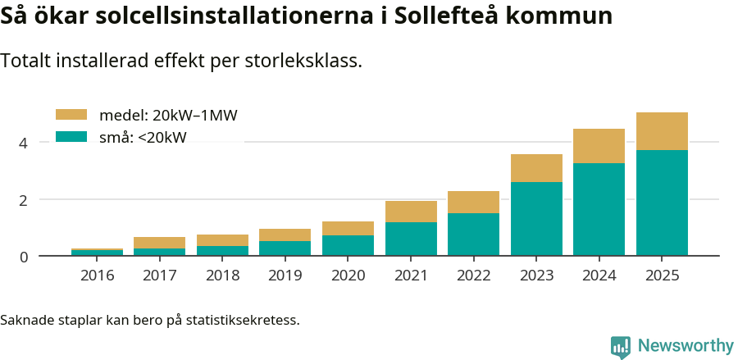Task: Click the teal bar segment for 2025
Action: (x=662, y=203)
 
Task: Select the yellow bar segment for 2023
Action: (x=536, y=168)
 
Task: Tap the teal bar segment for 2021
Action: (x=411, y=239)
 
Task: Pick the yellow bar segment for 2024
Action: (x=599, y=146)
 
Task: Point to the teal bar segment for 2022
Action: (x=473, y=235)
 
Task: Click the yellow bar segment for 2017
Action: (x=159, y=243)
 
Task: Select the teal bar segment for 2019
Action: (x=285, y=248)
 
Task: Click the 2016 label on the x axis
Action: (x=97, y=276)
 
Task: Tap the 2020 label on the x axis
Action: (x=348, y=276)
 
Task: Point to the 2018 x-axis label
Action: (x=222, y=276)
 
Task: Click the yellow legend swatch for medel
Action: (x=71, y=116)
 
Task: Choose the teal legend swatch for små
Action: (x=71, y=137)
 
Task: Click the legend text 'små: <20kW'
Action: (x=143, y=138)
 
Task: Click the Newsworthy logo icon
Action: (x=620, y=346)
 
